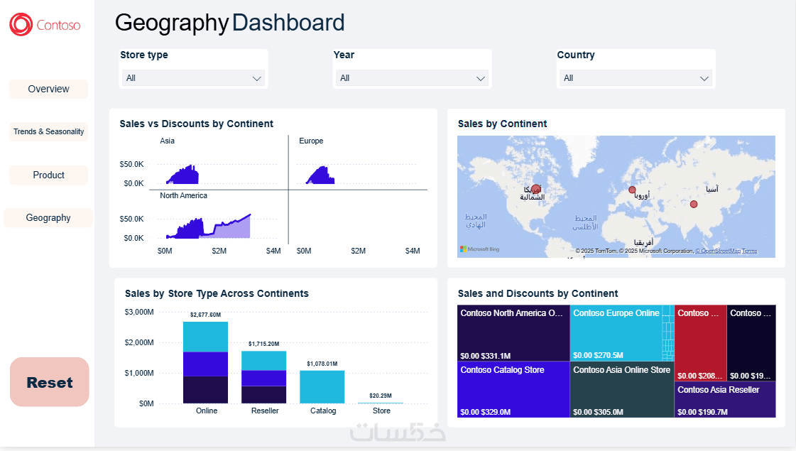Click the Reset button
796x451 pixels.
[50, 382]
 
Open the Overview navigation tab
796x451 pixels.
[48, 89]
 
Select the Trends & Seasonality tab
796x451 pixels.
[48, 131]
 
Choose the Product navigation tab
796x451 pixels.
[48, 175]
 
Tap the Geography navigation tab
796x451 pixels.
[48, 218]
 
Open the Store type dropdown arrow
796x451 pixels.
[257, 78]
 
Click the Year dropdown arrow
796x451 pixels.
[481, 78]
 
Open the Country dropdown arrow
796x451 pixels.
[704, 78]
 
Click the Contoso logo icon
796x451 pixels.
[21, 25]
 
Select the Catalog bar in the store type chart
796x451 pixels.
[322, 387]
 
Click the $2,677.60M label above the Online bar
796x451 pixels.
[205, 315]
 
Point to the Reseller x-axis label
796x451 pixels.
[265, 411]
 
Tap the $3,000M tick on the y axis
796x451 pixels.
[139, 312]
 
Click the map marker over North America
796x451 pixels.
[535, 189]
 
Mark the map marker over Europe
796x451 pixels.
[632, 190]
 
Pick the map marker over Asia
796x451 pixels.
[694, 205]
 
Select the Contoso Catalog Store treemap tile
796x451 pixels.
[513, 390]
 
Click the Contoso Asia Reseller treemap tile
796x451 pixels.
[724, 399]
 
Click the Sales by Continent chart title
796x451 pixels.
[502, 124]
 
